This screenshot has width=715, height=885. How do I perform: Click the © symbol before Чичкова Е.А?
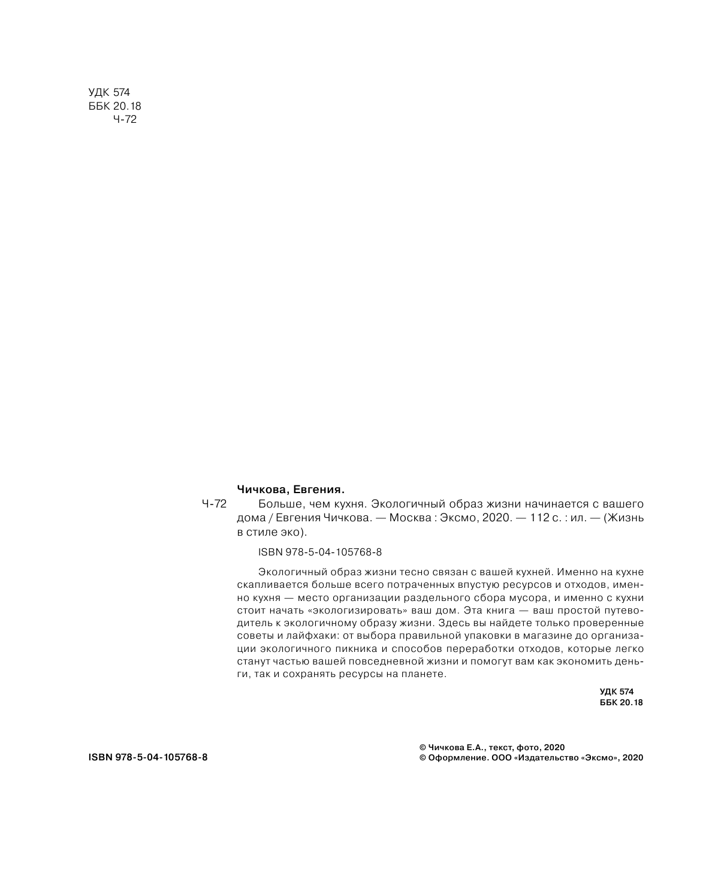[x=423, y=747]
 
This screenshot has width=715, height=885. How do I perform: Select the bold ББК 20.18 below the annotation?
[x=621, y=703]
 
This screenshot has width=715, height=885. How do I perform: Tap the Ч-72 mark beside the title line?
[x=215, y=504]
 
